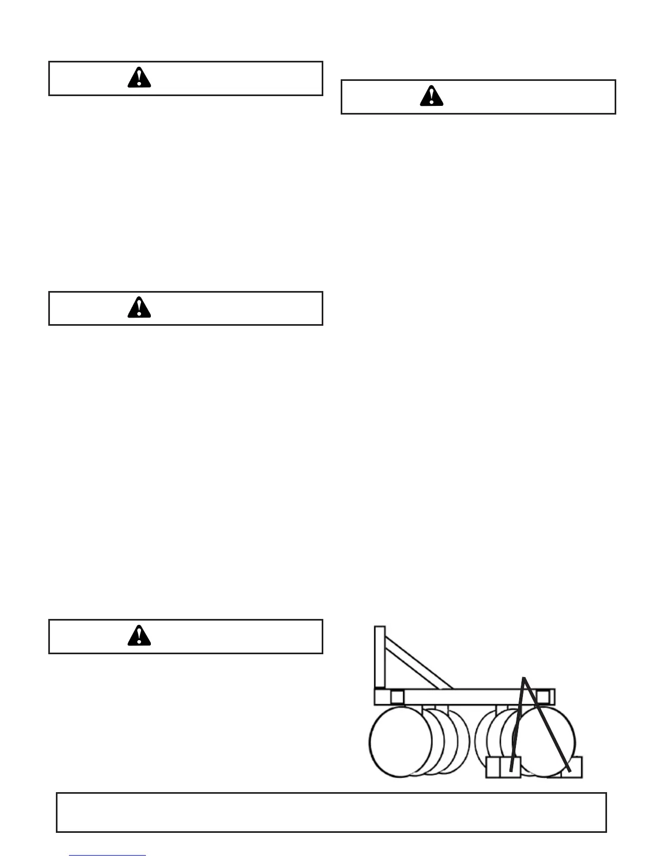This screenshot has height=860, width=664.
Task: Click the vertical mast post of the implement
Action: click(x=380, y=657)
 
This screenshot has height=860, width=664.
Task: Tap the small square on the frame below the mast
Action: click(x=397, y=697)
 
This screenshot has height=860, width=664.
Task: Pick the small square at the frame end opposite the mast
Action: click(x=543, y=697)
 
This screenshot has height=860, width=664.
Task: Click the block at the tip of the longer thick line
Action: click(x=573, y=767)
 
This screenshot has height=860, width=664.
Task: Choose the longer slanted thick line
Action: click(x=547, y=725)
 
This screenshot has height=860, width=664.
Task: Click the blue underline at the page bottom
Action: click(x=108, y=855)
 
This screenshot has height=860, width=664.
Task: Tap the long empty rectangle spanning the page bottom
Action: click(x=331, y=812)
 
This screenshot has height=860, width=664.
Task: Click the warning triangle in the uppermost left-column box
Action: click(x=139, y=78)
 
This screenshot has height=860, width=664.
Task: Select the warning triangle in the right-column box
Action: click(x=432, y=97)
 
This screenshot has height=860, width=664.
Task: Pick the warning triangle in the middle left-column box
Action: click(x=139, y=308)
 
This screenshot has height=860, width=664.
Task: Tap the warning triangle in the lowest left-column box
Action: click(x=139, y=636)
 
